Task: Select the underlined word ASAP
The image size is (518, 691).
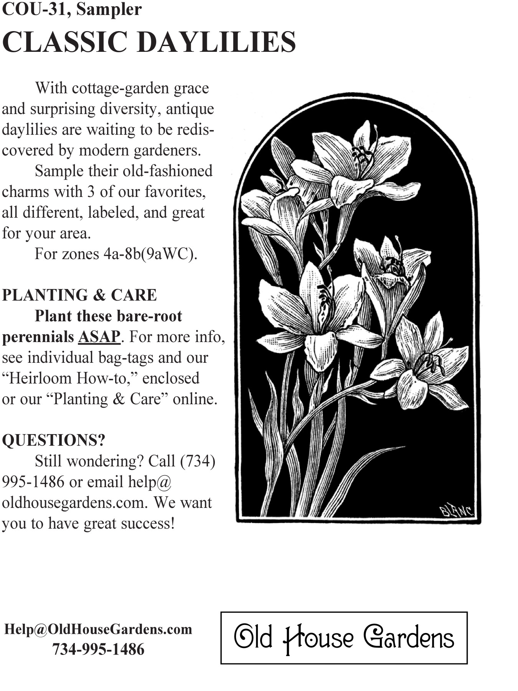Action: click(99, 337)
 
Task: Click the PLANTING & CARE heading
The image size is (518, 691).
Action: click(79, 295)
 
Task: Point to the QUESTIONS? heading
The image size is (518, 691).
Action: click(53, 440)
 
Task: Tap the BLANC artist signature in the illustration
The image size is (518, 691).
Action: click(457, 511)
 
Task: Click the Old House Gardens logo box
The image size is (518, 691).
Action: click(344, 638)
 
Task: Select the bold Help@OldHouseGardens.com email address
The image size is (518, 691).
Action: click(98, 629)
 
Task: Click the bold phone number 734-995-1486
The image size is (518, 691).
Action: click(98, 649)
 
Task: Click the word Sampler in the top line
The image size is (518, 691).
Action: click(109, 10)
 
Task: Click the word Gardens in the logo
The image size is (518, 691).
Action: click(409, 638)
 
